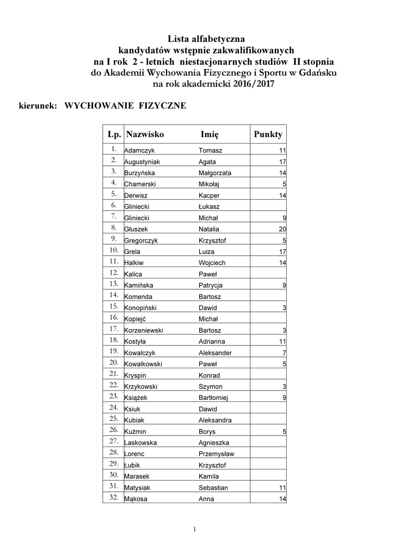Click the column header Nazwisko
[144, 134]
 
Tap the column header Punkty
[268, 134]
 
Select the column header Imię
[209, 134]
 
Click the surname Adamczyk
[139, 151]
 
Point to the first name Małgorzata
[214, 174]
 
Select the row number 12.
[114, 274]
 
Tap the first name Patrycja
[211, 286]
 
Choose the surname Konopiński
[141, 308]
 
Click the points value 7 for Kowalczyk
[284, 353]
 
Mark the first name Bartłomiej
[213, 398]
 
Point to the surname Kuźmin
[136, 432]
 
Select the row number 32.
[114, 498]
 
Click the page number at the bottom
[194, 529]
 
